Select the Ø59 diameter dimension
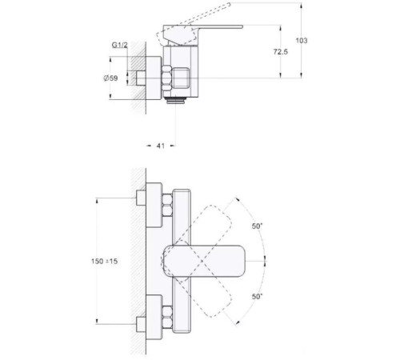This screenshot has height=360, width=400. pos(113,78)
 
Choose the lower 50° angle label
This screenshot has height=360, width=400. pos(258,297)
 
